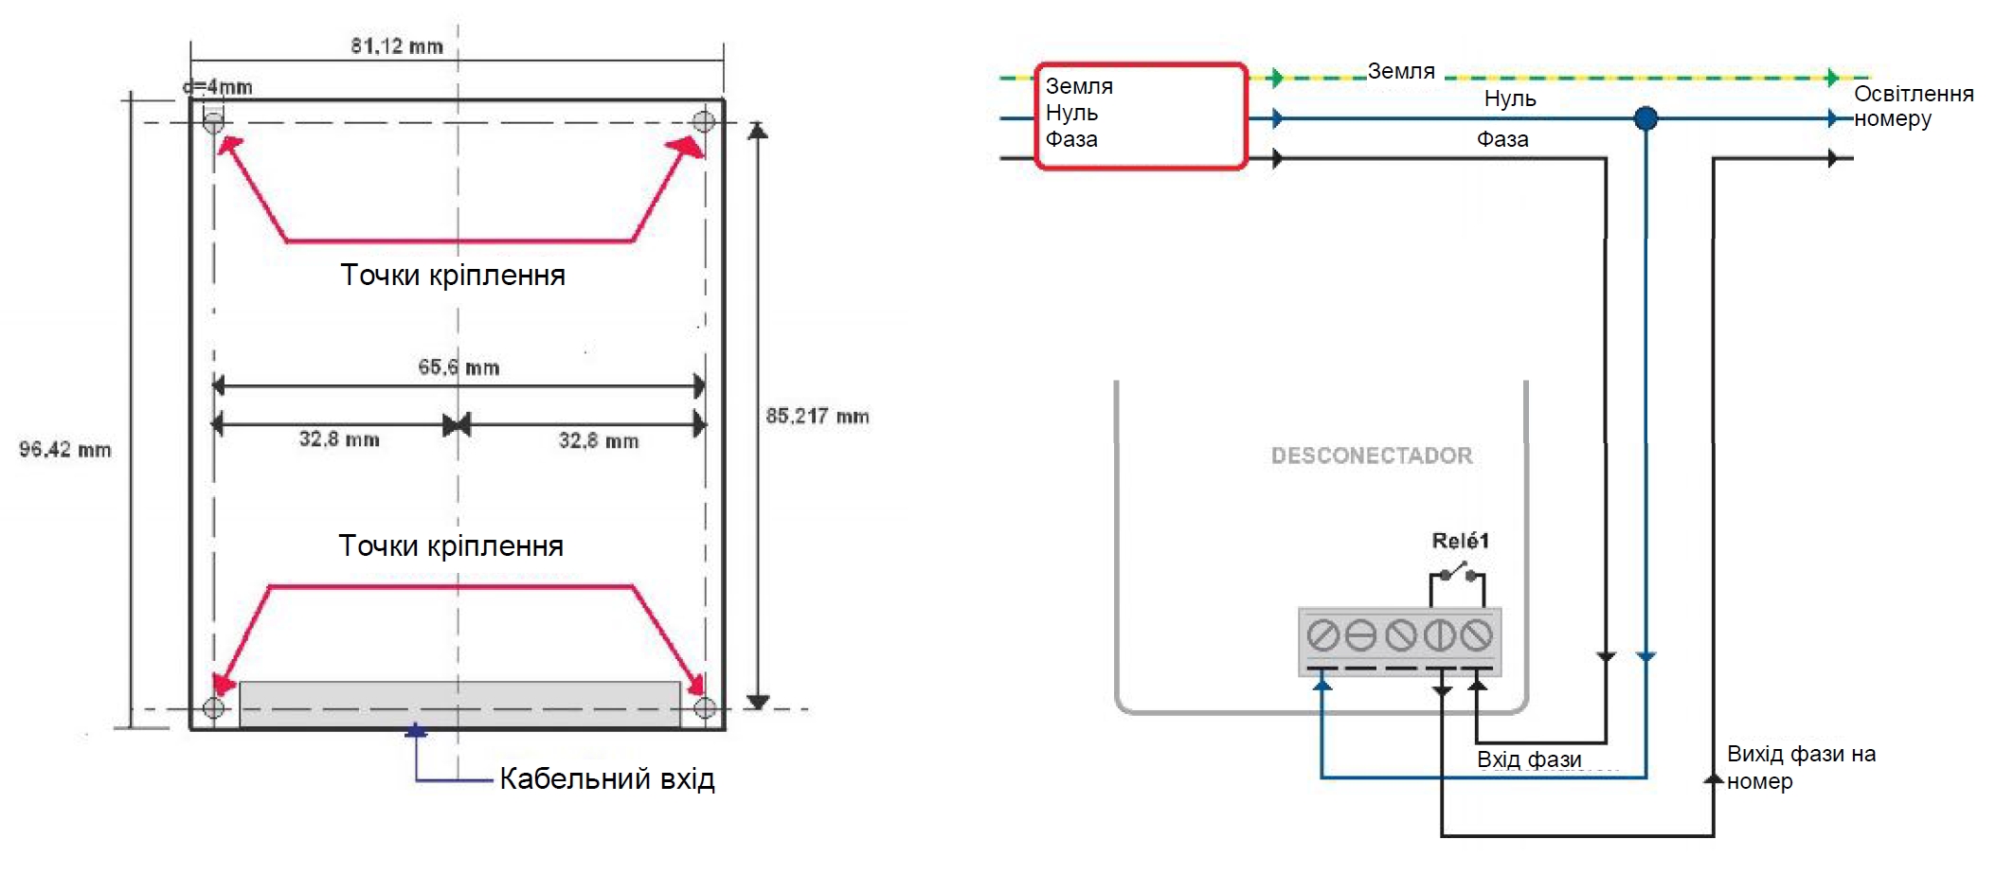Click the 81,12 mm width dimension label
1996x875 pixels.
pos(396,45)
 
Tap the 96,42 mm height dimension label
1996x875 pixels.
pos(65,449)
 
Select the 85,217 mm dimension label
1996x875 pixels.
pos(817,416)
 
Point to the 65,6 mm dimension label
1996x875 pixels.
pos(459,367)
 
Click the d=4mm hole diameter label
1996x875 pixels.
pos(218,87)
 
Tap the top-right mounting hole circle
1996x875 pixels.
pos(704,121)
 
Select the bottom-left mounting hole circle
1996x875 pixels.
pos(214,707)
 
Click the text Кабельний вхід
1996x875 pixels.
pos(606,778)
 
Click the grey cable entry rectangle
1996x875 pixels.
pos(459,704)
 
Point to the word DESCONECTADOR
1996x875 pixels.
pos(1372,455)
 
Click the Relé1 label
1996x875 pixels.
pos(1460,541)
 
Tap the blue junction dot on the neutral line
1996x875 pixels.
pos(1645,118)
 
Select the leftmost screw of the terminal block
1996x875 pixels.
pos(1322,634)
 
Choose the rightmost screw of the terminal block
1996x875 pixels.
pos(1476,634)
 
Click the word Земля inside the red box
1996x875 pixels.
pos(1079,86)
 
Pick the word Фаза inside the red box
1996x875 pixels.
pos(1071,139)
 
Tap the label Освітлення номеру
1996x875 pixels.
pos(1913,106)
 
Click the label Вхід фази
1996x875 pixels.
pos(1529,759)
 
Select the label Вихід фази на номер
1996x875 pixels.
pos(1800,767)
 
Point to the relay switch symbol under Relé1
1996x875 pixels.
pos(1456,572)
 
